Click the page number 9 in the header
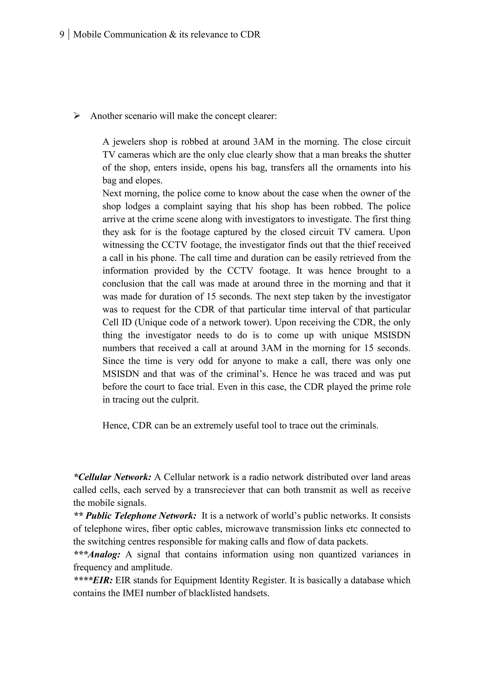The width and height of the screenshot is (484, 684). (x=62, y=34)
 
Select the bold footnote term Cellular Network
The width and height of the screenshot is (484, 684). (x=113, y=477)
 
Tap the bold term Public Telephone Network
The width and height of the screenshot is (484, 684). (x=141, y=516)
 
